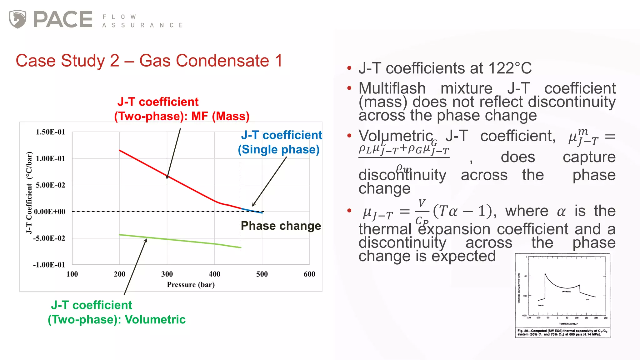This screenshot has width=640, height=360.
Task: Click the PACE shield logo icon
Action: (x=17, y=19)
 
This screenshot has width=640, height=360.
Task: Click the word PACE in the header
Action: (x=63, y=19)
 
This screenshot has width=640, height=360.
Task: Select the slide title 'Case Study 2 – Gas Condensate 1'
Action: (x=149, y=61)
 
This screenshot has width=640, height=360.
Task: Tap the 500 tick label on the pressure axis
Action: (x=262, y=274)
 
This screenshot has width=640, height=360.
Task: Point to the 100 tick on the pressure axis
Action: (x=72, y=274)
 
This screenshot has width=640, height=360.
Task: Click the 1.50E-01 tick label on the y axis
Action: (x=50, y=132)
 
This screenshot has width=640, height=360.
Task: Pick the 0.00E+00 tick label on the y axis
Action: (x=50, y=212)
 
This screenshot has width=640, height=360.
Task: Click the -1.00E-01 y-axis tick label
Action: (x=49, y=265)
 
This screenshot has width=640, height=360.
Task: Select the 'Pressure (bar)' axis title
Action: (x=191, y=285)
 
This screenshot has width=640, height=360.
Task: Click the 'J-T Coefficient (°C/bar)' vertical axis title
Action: (x=29, y=192)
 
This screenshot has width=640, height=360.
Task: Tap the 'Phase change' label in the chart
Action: (x=281, y=226)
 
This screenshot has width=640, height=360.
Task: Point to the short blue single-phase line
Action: (x=252, y=211)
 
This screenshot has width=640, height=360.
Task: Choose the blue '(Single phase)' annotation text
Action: (x=278, y=150)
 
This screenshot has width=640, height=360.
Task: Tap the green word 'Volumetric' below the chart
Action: (x=155, y=320)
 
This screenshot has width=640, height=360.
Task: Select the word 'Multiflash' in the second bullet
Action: (x=392, y=88)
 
